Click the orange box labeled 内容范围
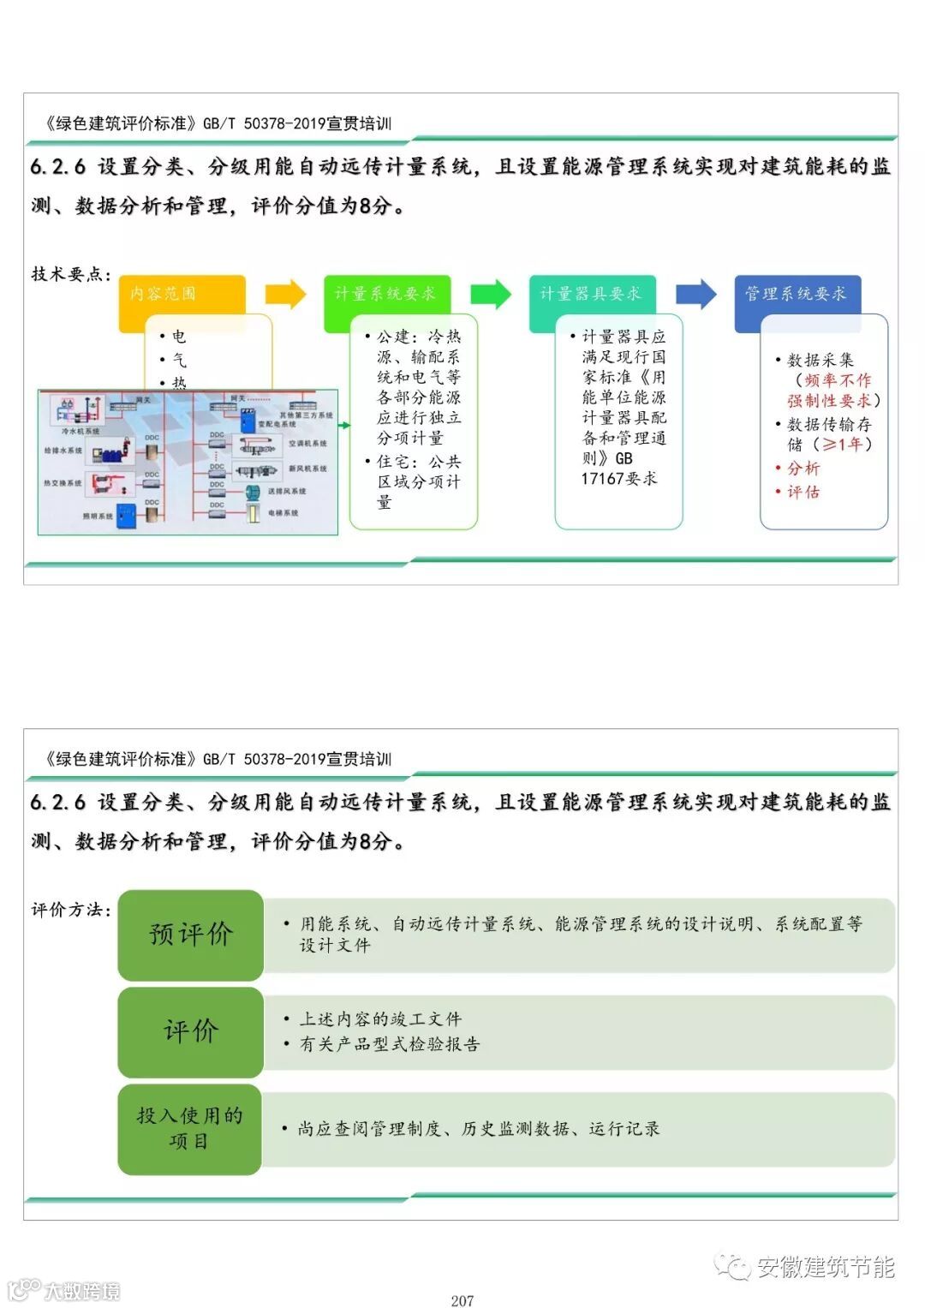(x=182, y=294)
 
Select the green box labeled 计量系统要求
(x=386, y=294)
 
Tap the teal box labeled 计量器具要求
(x=592, y=294)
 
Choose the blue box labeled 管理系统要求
(x=797, y=294)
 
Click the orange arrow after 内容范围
(x=285, y=294)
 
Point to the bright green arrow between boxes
(x=490, y=294)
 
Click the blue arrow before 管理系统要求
(x=695, y=294)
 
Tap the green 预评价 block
(x=190, y=935)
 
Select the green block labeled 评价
(x=190, y=1031)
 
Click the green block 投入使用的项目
(x=190, y=1128)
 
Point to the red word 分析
(x=803, y=469)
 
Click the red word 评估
(x=803, y=492)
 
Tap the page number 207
(x=462, y=1300)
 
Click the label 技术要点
(x=71, y=274)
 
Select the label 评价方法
(x=71, y=910)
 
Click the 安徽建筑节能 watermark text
(x=826, y=1267)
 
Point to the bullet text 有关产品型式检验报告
(x=389, y=1044)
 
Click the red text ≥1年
(x=843, y=445)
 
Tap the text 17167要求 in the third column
(x=619, y=479)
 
